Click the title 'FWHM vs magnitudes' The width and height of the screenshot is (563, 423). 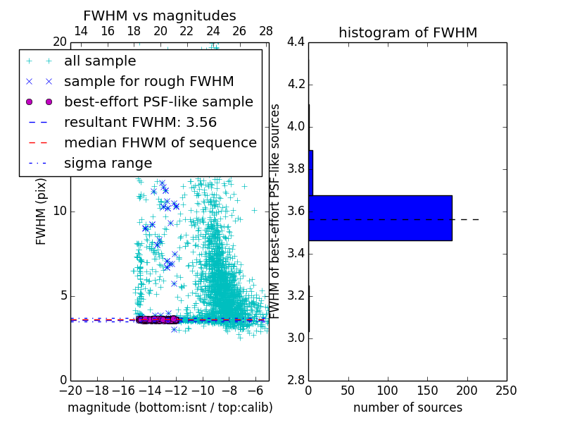(160, 16)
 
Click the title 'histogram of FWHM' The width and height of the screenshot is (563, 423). (407, 32)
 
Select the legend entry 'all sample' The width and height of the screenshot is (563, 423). (99, 61)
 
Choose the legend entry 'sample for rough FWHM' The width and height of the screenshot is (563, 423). (148, 81)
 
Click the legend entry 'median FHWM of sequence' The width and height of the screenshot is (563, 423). (160, 142)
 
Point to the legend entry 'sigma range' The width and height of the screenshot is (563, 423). (108, 163)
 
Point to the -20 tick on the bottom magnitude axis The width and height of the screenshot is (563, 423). (70, 391)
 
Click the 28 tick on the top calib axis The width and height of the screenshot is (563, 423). (266, 31)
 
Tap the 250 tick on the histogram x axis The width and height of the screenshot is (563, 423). (506, 391)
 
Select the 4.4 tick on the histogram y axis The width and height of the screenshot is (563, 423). (296, 42)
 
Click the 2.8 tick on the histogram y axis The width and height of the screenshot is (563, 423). (296, 380)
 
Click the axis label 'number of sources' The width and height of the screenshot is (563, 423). (407, 407)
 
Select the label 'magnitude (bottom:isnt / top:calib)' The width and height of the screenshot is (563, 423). (170, 407)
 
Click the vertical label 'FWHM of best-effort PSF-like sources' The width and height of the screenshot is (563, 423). (276, 211)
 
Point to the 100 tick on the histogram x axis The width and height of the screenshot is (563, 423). (388, 391)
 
